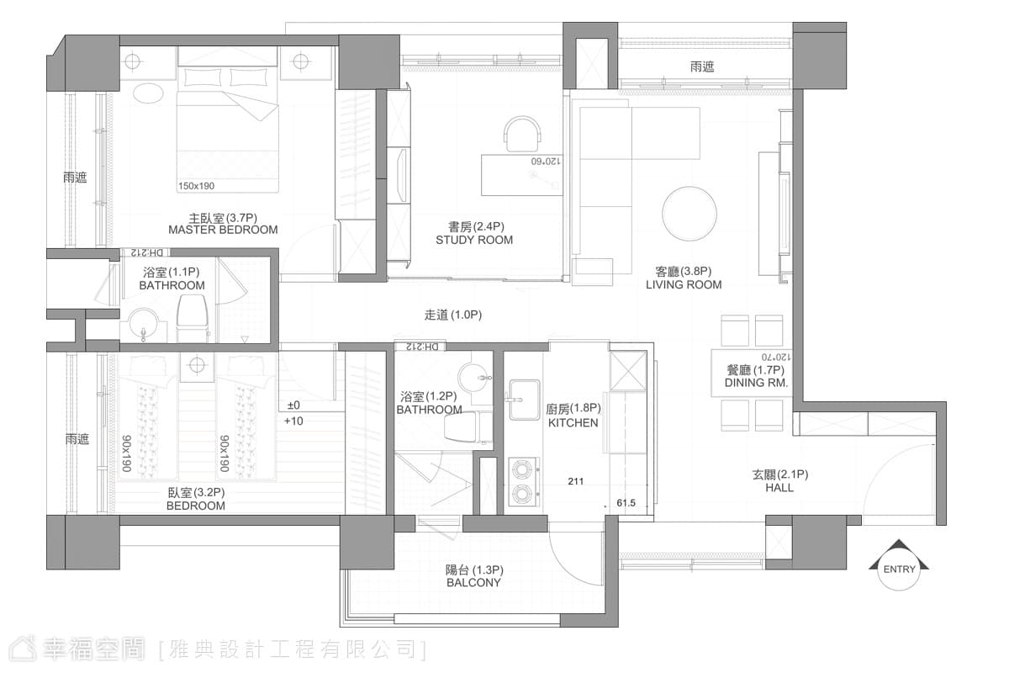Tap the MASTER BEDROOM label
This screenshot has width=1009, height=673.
223,230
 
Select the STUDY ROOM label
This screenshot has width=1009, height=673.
474,240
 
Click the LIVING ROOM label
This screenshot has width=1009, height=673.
684,285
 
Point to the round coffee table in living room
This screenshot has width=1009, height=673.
689,213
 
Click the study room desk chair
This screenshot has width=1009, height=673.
522,134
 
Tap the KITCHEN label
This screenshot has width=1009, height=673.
573,423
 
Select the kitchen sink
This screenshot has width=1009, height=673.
524,400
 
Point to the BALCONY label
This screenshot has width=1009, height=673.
473,583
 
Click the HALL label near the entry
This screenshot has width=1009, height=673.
779,488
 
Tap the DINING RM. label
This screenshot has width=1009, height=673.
756,383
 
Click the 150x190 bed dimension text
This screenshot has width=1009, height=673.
197,186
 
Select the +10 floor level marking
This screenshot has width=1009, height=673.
293,421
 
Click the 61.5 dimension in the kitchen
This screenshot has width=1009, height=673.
626,502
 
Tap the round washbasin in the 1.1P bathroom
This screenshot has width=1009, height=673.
143,325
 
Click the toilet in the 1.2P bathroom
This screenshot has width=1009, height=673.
468,427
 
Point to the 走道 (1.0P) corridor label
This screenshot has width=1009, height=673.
452,315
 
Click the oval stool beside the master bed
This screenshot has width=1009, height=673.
148,93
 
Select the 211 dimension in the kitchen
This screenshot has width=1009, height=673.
576,481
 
